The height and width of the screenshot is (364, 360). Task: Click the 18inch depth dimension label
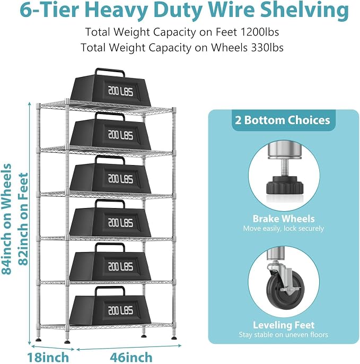[48, 357]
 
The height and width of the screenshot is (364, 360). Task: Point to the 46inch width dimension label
[131, 357]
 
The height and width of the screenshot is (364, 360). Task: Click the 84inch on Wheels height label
[6, 219]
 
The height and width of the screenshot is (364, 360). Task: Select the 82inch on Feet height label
[23, 219]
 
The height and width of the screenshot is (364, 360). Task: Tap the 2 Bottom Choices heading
[283, 120]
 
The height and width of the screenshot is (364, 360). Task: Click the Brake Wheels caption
[284, 219]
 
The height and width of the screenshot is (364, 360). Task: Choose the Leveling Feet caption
[284, 325]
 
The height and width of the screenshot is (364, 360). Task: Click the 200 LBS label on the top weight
[121, 91]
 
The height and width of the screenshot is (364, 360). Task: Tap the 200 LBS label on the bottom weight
[121, 310]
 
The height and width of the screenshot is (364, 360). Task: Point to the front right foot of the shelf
[174, 337]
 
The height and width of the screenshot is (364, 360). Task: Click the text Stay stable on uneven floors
[284, 334]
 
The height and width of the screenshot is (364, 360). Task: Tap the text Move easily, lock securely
[284, 228]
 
